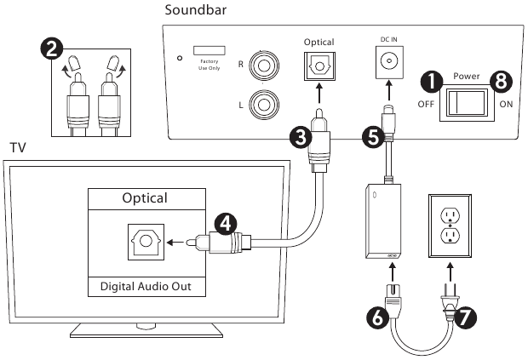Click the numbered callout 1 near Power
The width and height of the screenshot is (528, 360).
pyautogui.click(x=433, y=82)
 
